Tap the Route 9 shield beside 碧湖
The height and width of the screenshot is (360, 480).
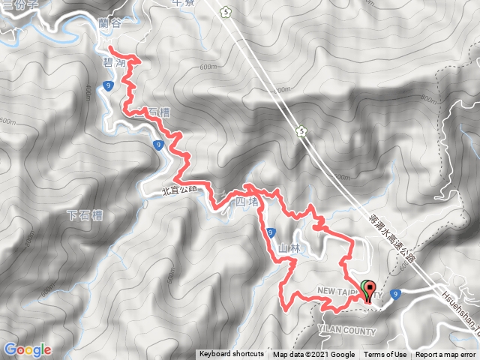pyautogui.click(x=109, y=87)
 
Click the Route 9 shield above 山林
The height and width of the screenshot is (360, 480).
pyautogui.click(x=268, y=232)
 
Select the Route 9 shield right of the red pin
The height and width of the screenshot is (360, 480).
pyautogui.click(x=394, y=293)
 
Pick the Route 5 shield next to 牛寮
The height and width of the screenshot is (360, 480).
pyautogui.click(x=226, y=12)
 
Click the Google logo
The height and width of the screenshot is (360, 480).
pyautogui.click(x=27, y=349)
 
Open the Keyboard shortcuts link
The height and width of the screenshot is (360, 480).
pyautogui.click(x=231, y=355)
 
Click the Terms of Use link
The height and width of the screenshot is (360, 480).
pyautogui.click(x=385, y=355)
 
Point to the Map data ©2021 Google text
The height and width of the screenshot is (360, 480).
pyautogui.click(x=313, y=355)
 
